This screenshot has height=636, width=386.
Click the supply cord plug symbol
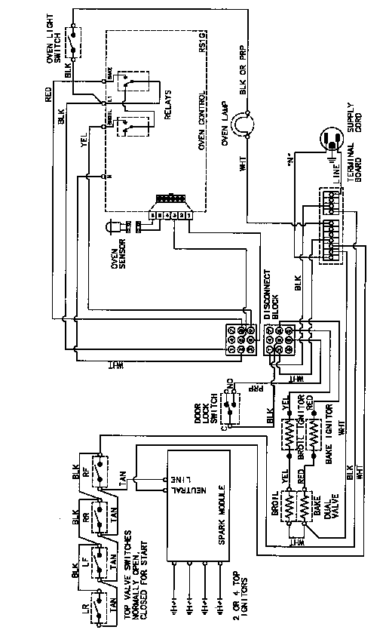point(331,140)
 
